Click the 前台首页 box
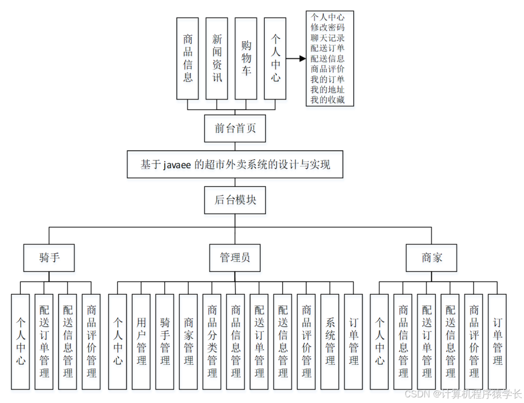point(235,129)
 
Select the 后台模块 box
point(235,200)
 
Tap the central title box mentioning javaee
point(235,164)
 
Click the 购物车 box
point(246,58)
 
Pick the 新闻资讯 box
point(217,58)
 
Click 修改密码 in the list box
point(327,27)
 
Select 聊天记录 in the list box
point(327,38)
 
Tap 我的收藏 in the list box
point(327,100)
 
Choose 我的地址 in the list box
point(327,89)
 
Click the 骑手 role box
point(49,258)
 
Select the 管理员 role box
point(235,258)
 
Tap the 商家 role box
point(431,258)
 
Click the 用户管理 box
point(141,342)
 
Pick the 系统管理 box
point(330,342)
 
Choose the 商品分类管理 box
point(212,342)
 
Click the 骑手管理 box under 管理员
point(165,342)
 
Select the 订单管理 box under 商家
point(497,342)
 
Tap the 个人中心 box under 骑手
point(20,342)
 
